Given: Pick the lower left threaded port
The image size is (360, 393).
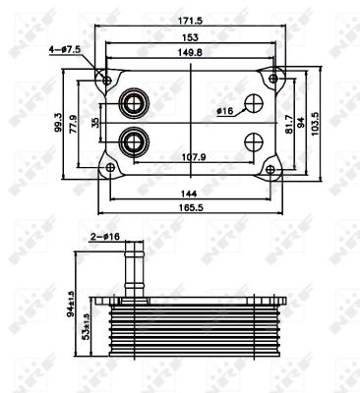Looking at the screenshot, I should (x=131, y=143).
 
